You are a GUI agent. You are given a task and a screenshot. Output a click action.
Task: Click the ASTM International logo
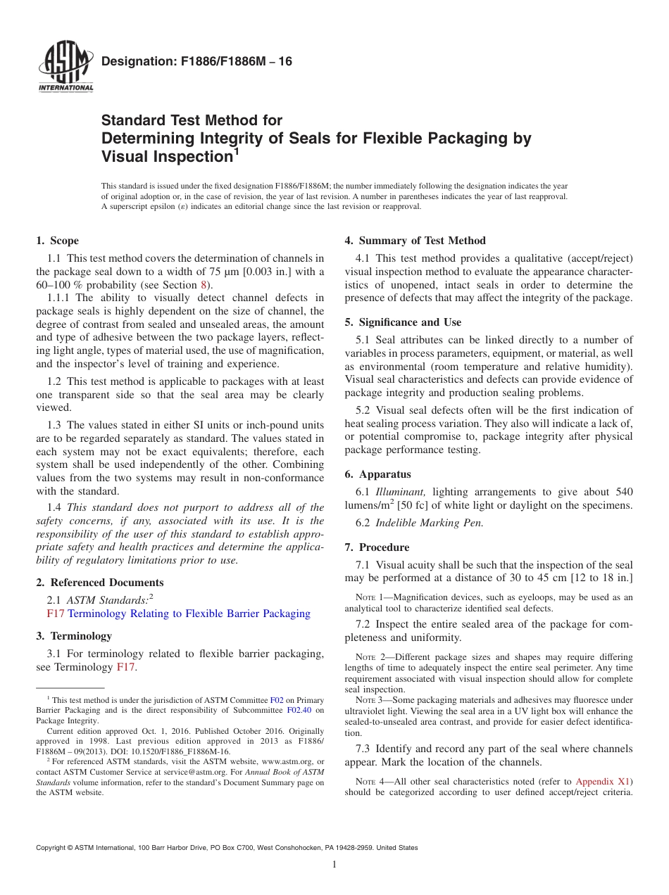pos(65,68)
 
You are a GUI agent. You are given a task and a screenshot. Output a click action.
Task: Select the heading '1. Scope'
pos(58,241)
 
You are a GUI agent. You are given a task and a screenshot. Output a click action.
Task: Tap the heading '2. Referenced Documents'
pos(99,583)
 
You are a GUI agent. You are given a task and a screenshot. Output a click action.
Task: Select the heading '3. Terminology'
pos(74,636)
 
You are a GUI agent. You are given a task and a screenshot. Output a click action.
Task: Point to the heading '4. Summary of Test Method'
pos(415,241)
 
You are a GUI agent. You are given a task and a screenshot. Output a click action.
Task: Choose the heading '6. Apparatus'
pos(377,474)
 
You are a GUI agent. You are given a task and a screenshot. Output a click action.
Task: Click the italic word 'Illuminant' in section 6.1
pos(401,492)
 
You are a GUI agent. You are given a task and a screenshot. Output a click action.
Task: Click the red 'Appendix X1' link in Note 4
pos(604,781)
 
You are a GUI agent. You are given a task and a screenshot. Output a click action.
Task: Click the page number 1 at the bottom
pos(334,865)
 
